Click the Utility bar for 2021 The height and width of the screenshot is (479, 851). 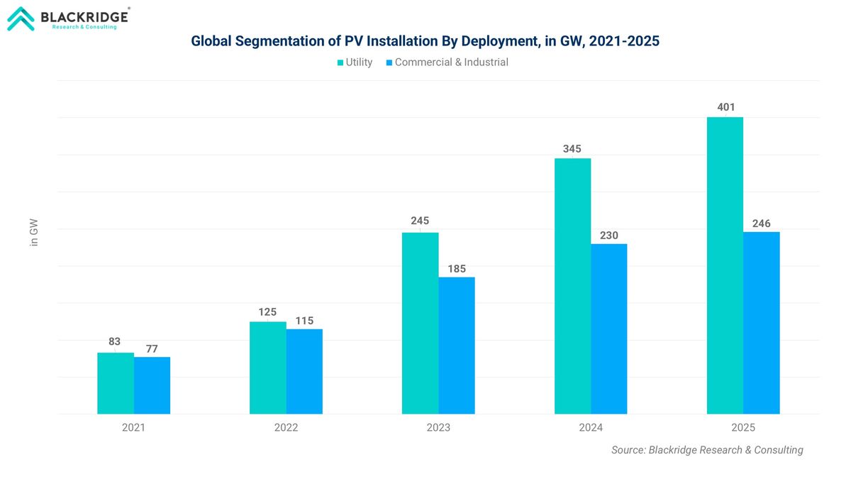(116, 383)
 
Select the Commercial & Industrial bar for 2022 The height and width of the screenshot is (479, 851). (304, 371)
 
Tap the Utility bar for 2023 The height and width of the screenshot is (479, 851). (420, 323)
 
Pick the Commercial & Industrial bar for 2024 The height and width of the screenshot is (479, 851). (608, 329)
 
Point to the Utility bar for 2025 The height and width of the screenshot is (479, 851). (725, 265)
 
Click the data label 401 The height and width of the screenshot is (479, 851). (725, 107)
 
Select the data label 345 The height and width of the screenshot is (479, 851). (572, 149)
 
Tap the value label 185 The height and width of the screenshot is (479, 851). (457, 269)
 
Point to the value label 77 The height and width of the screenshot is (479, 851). (152, 348)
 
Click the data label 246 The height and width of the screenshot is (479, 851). (761, 224)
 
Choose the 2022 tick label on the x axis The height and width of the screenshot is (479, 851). (286, 428)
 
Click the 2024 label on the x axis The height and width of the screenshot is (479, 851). (591, 428)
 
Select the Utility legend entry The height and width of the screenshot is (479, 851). (355, 62)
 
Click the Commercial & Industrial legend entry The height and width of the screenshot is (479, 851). (447, 62)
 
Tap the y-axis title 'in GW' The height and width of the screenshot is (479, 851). (33, 233)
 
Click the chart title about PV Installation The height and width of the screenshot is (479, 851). (425, 41)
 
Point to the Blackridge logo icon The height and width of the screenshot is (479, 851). (20, 18)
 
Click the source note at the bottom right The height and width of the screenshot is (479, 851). (707, 450)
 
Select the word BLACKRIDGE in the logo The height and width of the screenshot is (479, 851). (84, 16)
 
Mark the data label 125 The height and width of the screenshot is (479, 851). (267, 312)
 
